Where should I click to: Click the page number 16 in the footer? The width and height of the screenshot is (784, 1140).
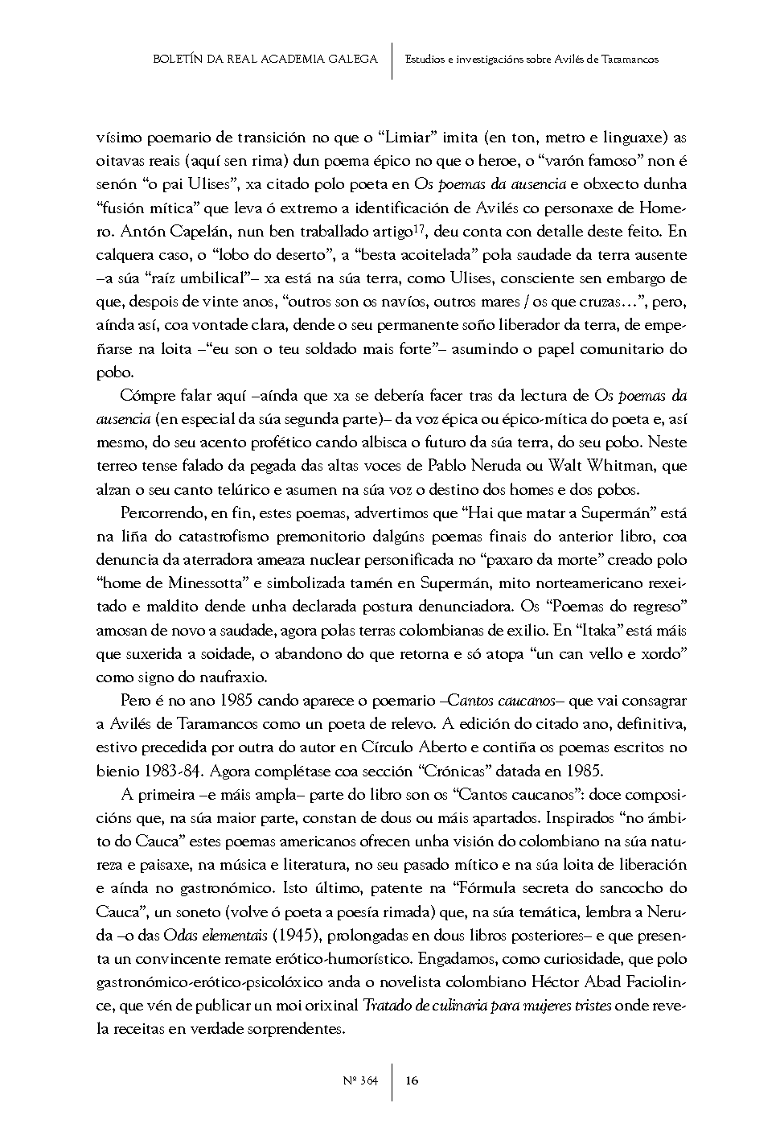412,1080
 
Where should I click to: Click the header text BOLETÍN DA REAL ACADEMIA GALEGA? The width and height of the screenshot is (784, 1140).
265,59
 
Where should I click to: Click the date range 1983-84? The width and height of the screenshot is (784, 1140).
168,771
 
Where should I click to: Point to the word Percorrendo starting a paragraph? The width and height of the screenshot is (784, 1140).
160,513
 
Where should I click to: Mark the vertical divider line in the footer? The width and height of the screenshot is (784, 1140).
392,1080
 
